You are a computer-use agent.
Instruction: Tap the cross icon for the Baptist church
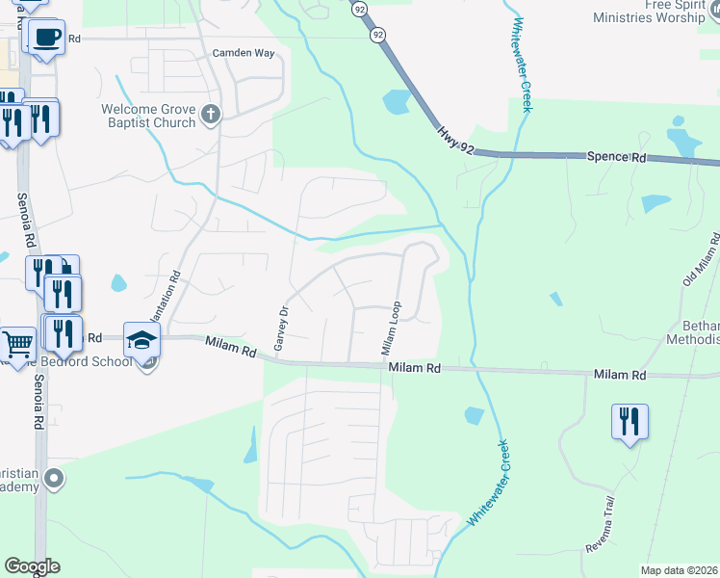point(212,117)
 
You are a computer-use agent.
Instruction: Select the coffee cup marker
point(45,39)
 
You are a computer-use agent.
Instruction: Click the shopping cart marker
point(16,343)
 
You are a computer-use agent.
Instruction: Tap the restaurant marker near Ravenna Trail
point(630,422)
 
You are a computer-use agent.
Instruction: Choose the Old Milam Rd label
point(702,258)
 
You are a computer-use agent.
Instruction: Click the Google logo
point(32,566)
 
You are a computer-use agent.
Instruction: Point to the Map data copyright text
point(679,570)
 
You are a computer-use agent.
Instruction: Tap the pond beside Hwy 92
point(396,100)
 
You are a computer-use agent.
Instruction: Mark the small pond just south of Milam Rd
point(474,415)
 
